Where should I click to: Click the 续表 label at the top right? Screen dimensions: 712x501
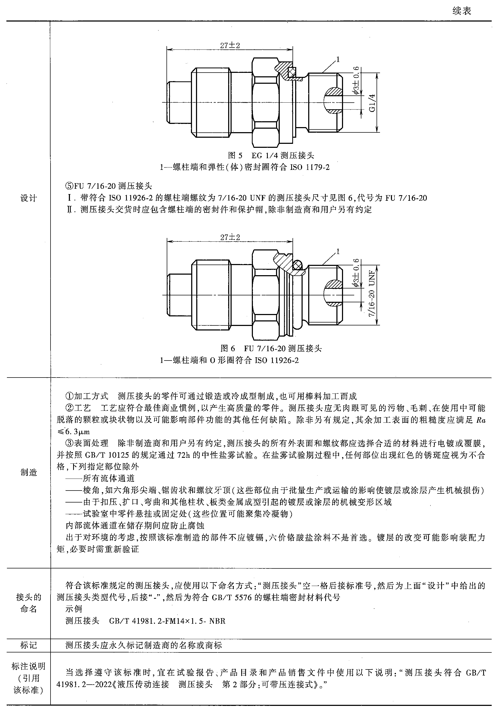(462, 11)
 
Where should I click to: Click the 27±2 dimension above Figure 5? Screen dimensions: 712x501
(230, 45)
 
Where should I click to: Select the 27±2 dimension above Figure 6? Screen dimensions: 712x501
(230, 237)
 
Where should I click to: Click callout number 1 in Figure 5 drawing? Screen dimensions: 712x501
(338, 59)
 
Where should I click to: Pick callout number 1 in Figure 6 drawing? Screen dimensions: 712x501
(338, 251)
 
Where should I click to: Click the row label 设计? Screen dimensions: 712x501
(28, 198)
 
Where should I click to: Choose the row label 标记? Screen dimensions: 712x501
(28, 645)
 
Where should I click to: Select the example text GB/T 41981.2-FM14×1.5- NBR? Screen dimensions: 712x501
(167, 621)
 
